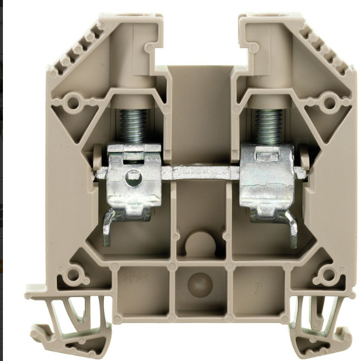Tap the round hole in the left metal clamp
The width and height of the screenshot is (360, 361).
click(133, 178)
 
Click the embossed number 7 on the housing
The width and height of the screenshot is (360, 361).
click(256, 288)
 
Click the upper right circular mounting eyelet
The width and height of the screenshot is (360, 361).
click(328, 103)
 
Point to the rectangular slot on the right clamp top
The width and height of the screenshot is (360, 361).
click(266, 153)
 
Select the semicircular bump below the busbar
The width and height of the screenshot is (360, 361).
click(200, 243)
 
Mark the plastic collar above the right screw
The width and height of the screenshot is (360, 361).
click(268, 101)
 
